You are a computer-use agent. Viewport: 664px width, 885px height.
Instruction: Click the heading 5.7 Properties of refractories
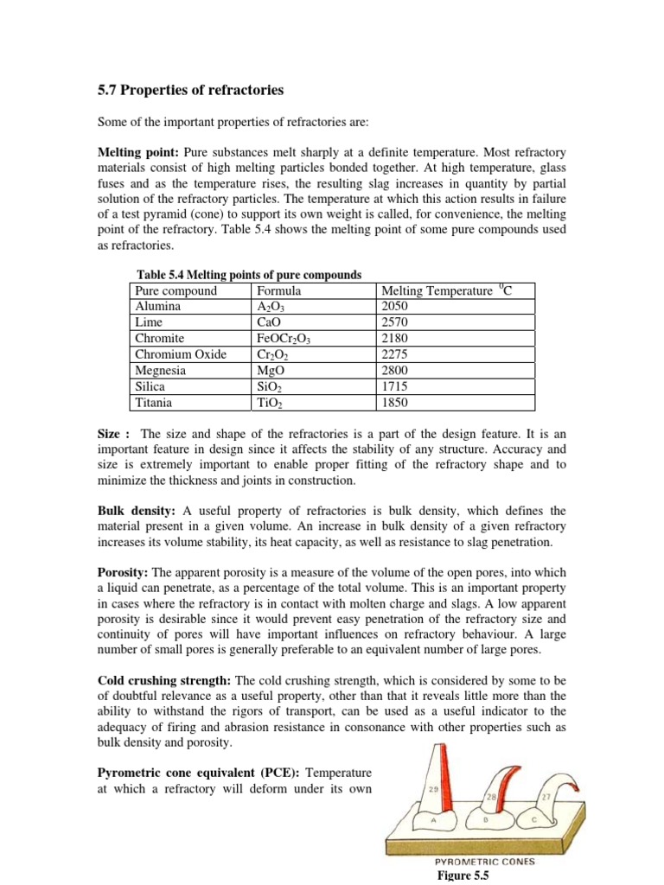(187, 90)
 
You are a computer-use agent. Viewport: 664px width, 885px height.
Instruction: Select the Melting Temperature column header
(446, 291)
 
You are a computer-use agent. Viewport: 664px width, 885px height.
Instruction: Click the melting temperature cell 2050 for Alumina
(394, 307)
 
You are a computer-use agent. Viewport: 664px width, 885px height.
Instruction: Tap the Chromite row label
(160, 339)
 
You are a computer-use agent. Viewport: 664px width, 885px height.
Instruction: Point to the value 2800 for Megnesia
(394, 371)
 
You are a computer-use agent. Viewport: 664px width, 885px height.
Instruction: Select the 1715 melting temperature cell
(394, 387)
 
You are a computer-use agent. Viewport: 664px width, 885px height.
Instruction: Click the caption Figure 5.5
(464, 875)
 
